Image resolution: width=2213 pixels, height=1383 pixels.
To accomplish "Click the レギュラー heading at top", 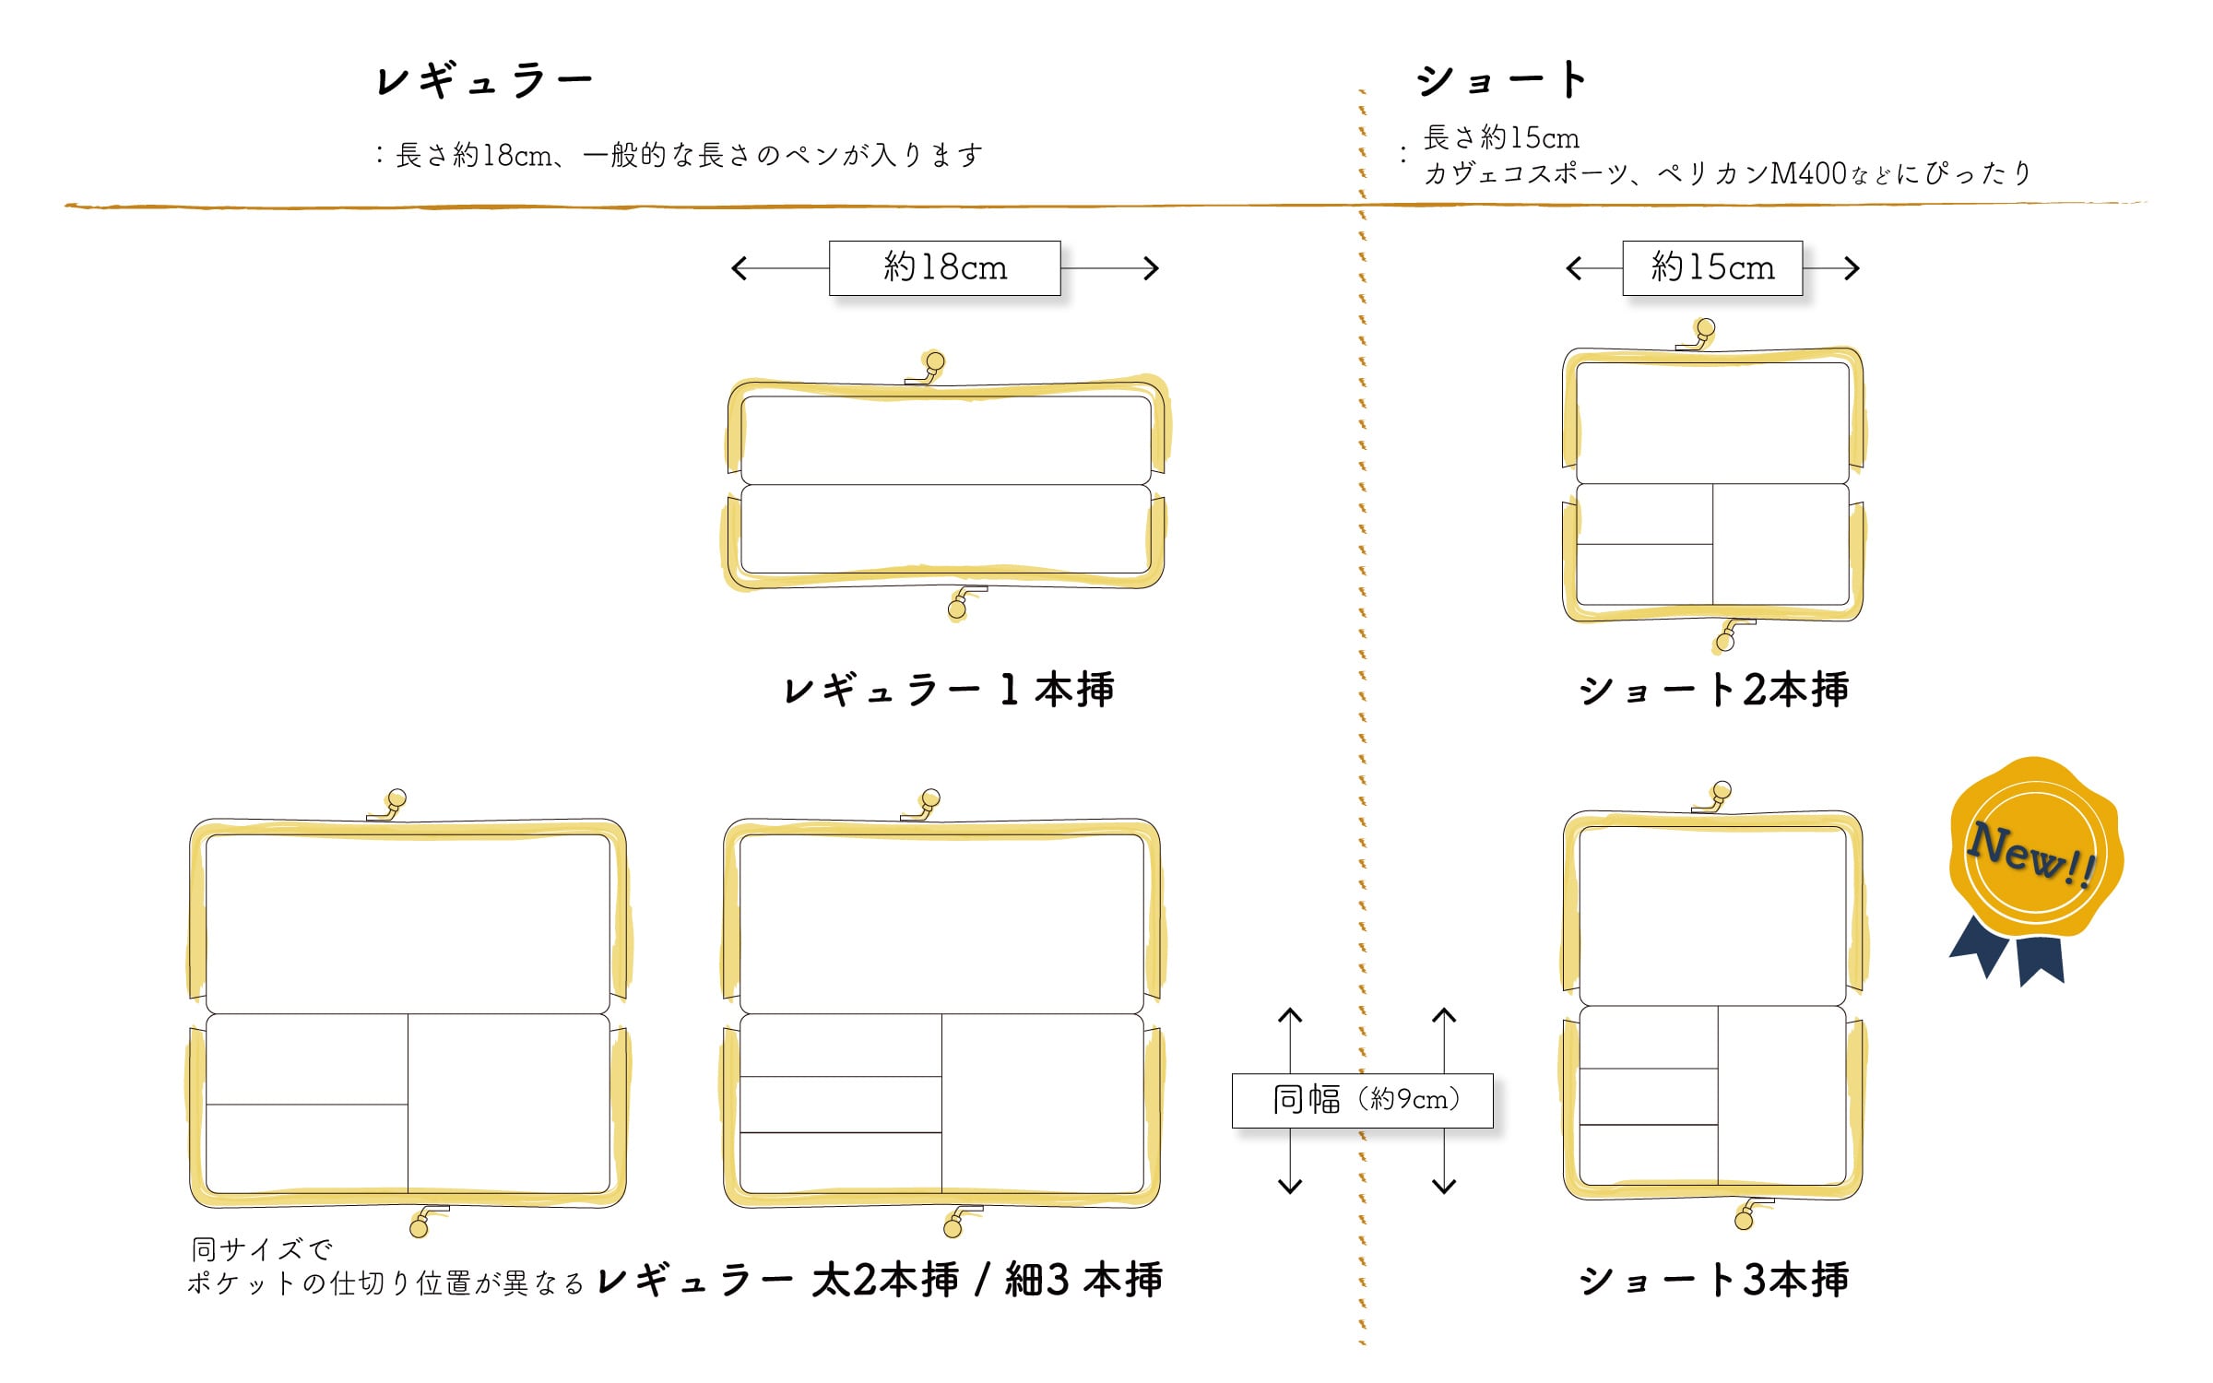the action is point(484,80).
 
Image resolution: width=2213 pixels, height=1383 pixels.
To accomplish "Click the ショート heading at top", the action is point(1502,79).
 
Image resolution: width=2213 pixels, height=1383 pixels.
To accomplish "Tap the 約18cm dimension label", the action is point(944,268).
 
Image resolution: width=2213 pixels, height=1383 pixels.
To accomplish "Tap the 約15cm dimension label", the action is point(1712,268).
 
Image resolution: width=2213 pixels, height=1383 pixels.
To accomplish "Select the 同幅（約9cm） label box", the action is point(1362,1100).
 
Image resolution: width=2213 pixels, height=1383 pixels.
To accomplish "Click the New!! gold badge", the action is point(2035,853).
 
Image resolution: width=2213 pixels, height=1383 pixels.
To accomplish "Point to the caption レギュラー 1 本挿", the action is point(948,690).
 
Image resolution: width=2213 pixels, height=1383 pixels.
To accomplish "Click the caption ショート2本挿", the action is point(1713,690).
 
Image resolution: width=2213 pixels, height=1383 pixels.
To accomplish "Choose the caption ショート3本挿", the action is point(1713,1280).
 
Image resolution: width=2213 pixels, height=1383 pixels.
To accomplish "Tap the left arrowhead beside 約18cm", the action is point(739,268).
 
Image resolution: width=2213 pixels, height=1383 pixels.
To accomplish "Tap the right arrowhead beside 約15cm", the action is point(1852,268).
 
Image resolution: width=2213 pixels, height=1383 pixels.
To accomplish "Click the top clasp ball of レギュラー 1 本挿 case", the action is point(935,361).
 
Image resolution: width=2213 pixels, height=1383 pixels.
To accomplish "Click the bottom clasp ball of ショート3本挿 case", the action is point(1743,1221).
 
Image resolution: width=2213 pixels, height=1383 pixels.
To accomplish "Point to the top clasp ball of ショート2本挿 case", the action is point(1706,327).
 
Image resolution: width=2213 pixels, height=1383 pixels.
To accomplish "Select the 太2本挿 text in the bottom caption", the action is point(885,1280).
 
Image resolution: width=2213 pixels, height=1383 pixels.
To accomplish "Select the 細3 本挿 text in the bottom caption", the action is point(1083,1280).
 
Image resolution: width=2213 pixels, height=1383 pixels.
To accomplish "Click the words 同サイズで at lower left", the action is point(262,1249).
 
